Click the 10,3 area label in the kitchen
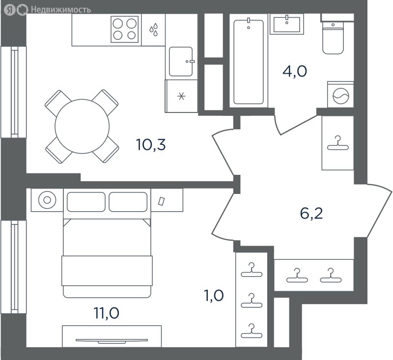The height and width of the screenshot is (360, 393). (x=151, y=145)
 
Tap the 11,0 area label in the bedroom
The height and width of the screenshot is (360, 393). (x=107, y=313)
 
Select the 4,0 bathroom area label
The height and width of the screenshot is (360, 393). (x=295, y=71)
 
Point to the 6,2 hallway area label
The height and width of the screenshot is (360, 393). (x=311, y=214)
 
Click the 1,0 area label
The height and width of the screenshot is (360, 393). (x=214, y=296)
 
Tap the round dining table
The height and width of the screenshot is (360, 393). (x=82, y=127)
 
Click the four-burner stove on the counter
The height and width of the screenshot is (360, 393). (x=125, y=29)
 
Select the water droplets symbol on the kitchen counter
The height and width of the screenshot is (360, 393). (x=154, y=29)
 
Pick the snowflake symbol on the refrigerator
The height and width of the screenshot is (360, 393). (x=181, y=96)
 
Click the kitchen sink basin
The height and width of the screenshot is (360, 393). (x=181, y=61)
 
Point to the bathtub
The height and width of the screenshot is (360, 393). (x=249, y=62)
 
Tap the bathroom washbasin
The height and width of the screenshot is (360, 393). (x=287, y=24)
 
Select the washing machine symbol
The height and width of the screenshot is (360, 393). (x=340, y=96)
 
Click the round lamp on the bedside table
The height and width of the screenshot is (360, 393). (x=47, y=200)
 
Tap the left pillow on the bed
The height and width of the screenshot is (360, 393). (x=86, y=202)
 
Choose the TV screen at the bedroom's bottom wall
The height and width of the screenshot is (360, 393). (x=112, y=341)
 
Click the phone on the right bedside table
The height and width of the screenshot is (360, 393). (x=161, y=201)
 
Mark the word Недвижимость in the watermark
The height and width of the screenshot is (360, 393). (x=61, y=10)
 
